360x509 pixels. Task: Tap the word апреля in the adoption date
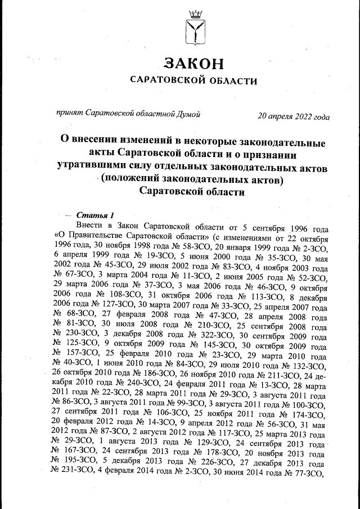click(279, 116)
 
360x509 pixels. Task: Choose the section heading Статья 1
click(95, 215)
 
